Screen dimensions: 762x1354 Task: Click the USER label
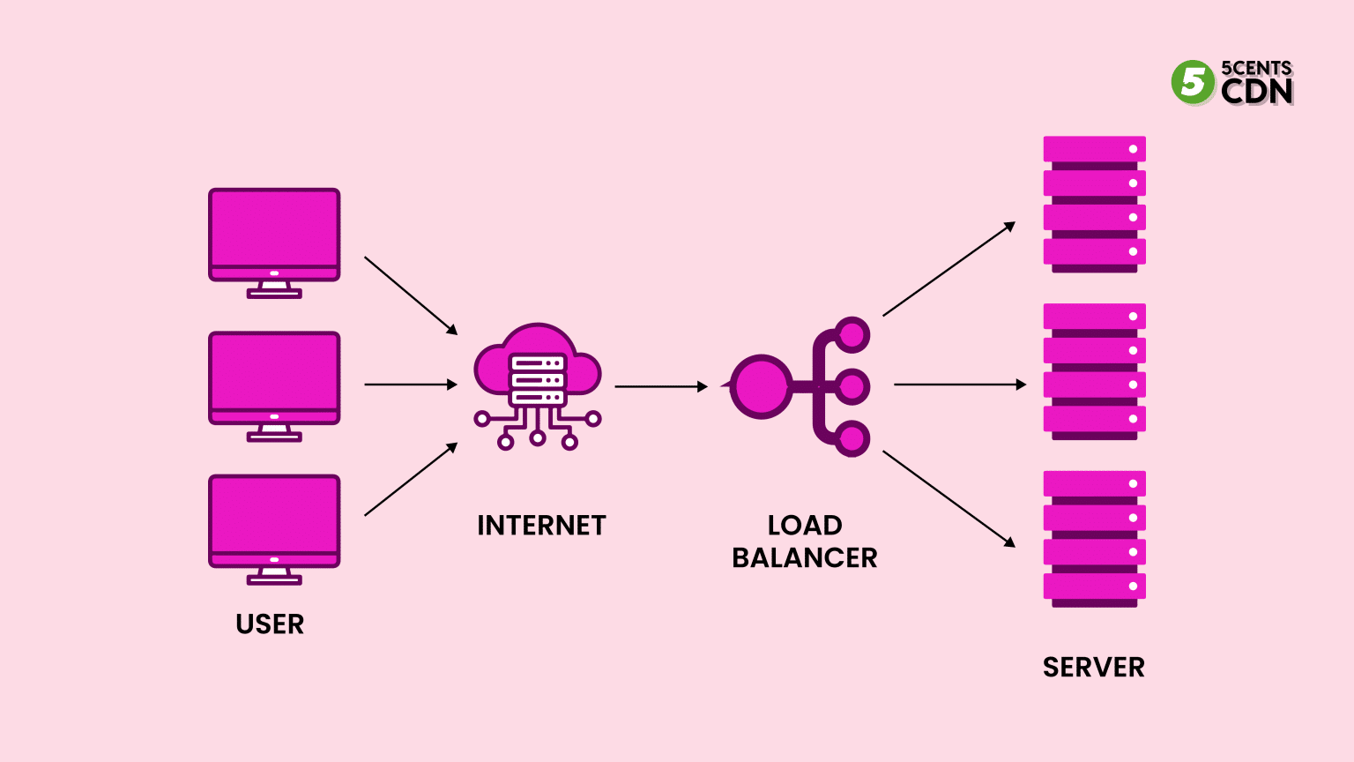[x=270, y=624]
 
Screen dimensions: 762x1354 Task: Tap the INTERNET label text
[x=541, y=526]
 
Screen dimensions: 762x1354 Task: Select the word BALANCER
[x=804, y=558]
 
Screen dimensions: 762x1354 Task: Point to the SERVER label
[x=1093, y=668]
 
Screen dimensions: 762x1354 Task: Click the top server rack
[x=1094, y=204]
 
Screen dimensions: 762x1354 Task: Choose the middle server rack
[x=1094, y=371]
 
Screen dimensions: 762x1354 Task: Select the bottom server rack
[x=1094, y=539]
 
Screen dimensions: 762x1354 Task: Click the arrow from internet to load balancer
[x=661, y=386]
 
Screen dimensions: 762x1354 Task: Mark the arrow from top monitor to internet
[x=411, y=295]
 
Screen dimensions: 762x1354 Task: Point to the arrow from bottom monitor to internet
[x=411, y=479]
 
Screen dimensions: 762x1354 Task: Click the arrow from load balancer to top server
[x=949, y=269]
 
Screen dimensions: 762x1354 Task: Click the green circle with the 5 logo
[x=1193, y=82]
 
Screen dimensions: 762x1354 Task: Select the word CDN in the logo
[x=1256, y=91]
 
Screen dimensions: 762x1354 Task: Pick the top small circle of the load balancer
[x=852, y=335]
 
